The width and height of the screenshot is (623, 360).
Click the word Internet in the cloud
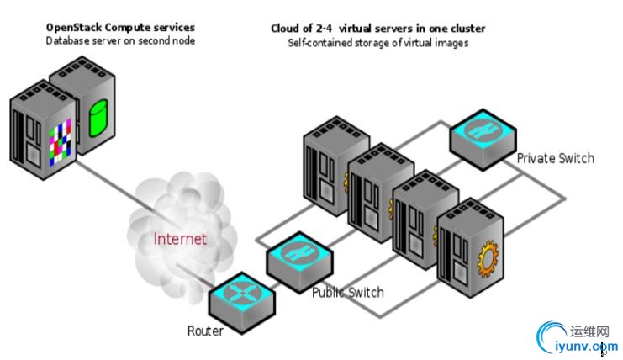180,238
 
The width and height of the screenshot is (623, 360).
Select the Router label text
205,331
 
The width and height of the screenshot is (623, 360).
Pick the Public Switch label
347,293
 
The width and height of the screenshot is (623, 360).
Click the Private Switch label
555,158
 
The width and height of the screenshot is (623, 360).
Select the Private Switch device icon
482,133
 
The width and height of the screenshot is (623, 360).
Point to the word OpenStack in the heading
73,28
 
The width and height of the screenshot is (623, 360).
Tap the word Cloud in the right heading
285,29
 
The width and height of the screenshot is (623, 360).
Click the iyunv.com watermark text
581,345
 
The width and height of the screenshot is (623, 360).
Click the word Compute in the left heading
123,28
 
